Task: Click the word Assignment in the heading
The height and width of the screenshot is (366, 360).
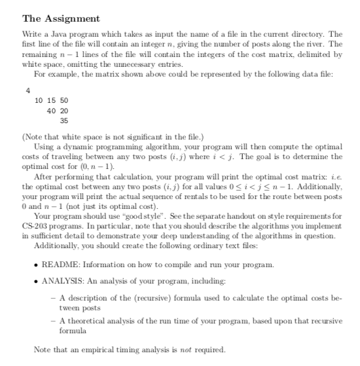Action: pyautogui.click(x=74, y=18)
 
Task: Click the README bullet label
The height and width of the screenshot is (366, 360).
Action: pyautogui.click(x=59, y=283)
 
